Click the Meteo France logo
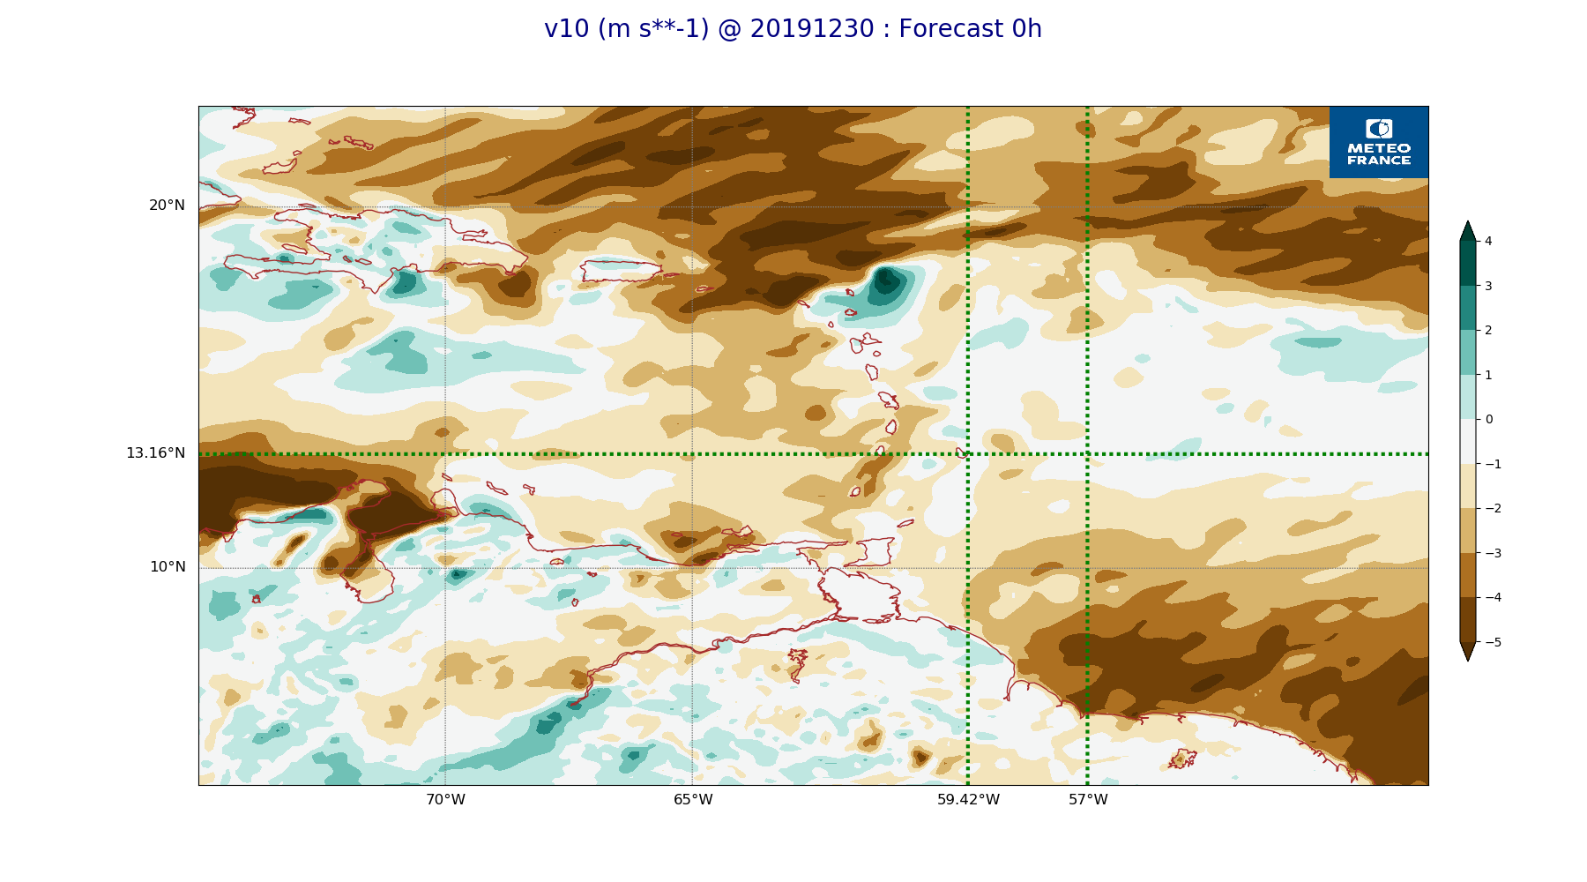point(1379,142)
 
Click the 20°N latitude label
point(167,206)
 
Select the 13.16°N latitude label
point(155,453)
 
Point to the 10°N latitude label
point(168,567)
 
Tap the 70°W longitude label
point(445,800)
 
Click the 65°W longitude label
point(693,800)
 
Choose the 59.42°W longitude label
point(968,800)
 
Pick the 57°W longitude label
point(1088,800)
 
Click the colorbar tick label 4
point(1488,241)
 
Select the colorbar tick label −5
point(1493,642)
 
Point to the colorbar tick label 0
point(1488,419)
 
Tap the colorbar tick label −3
point(1493,553)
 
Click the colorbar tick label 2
point(1488,330)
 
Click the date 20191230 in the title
point(811,29)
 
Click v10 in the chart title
point(566,29)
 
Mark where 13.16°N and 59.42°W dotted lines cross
point(968,454)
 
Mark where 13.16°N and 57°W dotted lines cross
point(1087,454)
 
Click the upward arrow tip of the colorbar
point(1468,221)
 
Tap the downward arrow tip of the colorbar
point(1468,661)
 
